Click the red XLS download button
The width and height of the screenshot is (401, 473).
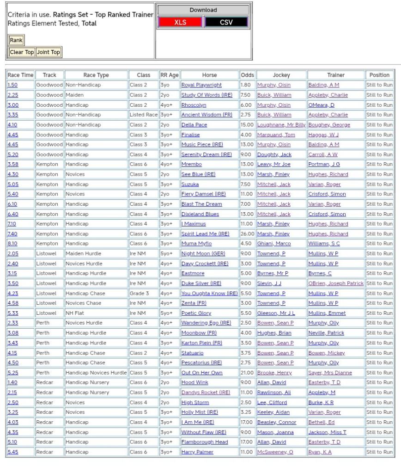(180, 22)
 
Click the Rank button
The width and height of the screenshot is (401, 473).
(16, 40)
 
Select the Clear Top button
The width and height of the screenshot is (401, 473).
(22, 52)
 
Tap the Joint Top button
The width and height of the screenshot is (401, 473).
(49, 52)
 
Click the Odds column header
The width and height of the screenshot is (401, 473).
(247, 75)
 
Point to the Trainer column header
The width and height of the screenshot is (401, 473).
(336, 75)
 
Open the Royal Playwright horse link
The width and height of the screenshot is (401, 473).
(201, 85)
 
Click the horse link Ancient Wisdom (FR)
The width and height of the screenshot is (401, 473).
(207, 115)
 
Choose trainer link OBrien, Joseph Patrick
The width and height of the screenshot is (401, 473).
(336, 283)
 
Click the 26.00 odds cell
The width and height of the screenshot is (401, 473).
(247, 234)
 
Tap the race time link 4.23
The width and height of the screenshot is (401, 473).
(12, 293)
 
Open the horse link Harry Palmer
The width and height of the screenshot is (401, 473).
(197, 452)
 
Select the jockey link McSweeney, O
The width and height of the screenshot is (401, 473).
(275, 452)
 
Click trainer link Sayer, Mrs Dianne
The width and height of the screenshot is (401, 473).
(330, 373)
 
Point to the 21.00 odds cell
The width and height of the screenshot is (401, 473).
(247, 373)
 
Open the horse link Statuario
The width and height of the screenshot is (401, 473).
(192, 353)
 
